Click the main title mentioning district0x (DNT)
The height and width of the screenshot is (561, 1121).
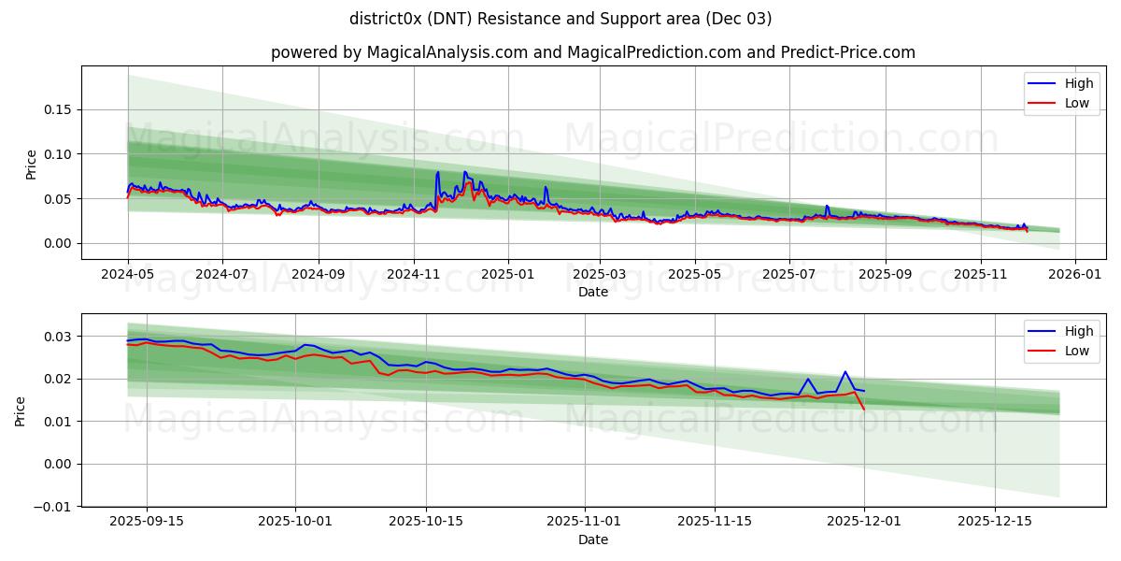coord(560,19)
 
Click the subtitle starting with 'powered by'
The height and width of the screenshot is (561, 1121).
coord(593,52)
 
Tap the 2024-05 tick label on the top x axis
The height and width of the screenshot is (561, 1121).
coord(128,275)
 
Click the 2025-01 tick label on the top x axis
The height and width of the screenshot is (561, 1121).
coord(508,275)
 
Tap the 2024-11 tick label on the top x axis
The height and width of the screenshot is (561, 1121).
coord(413,275)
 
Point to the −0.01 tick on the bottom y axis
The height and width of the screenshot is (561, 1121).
coord(53,507)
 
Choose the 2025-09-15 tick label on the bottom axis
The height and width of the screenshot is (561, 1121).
coord(147,522)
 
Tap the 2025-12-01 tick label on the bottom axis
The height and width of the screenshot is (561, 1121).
coord(864,522)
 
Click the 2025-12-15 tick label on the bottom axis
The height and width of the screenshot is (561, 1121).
coord(996,522)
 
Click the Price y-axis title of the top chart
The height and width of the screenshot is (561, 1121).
coord(31,164)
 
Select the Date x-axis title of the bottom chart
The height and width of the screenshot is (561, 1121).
coord(593,539)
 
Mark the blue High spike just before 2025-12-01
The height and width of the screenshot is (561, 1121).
coord(845,372)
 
